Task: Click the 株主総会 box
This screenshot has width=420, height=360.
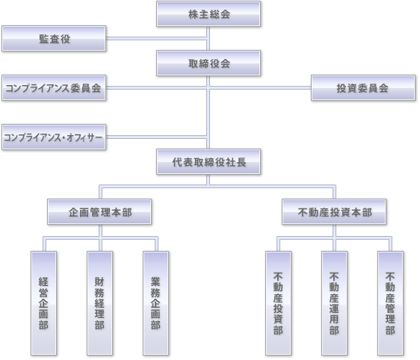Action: click(x=209, y=14)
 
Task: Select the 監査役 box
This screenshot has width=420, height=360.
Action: click(x=54, y=39)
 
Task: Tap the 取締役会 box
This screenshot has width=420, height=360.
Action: click(x=209, y=63)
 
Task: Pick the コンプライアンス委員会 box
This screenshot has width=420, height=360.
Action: click(x=54, y=88)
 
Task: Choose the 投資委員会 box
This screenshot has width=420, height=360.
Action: click(x=363, y=88)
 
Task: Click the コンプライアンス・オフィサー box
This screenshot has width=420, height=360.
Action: click(x=54, y=137)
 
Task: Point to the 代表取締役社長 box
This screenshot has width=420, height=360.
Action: click(x=209, y=161)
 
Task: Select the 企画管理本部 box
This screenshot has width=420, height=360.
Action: click(x=99, y=211)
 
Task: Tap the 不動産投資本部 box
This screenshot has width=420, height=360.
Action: click(x=334, y=211)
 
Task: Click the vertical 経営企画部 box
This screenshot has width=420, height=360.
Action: click(x=43, y=303)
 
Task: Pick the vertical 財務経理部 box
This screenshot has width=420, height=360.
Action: click(x=99, y=303)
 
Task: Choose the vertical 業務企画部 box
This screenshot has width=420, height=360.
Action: click(x=155, y=303)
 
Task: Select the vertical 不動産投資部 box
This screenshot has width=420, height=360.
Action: click(x=278, y=303)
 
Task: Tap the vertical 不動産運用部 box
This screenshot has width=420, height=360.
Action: click(x=334, y=303)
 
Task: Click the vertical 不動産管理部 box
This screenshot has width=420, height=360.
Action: click(x=390, y=303)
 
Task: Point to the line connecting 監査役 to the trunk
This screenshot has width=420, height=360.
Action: click(x=156, y=39)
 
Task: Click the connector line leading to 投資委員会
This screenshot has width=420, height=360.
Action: click(x=260, y=88)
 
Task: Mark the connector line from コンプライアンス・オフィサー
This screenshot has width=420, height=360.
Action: click(x=156, y=137)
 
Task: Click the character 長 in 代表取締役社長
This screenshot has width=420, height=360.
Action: click(x=241, y=162)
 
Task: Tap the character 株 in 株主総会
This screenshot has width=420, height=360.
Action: click(x=193, y=14)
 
